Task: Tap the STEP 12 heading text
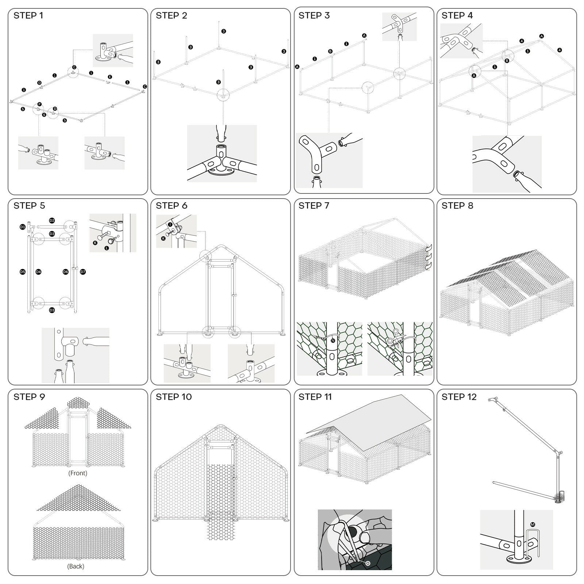click(459, 397)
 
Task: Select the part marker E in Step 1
click(110, 77)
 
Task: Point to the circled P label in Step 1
click(39, 105)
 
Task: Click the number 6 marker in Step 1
click(44, 115)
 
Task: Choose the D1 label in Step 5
click(23, 227)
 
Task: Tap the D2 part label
click(52, 220)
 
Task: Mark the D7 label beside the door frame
click(83, 272)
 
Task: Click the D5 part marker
click(23, 272)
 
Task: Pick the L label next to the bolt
click(107, 248)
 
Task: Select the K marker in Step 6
click(163, 238)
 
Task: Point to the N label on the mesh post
click(333, 341)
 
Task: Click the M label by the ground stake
click(533, 525)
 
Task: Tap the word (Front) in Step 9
click(78, 473)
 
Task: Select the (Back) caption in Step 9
click(76, 566)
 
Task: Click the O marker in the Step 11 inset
click(368, 563)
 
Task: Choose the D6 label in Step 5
click(66, 272)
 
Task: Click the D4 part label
click(38, 272)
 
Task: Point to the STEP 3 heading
click(314, 15)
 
